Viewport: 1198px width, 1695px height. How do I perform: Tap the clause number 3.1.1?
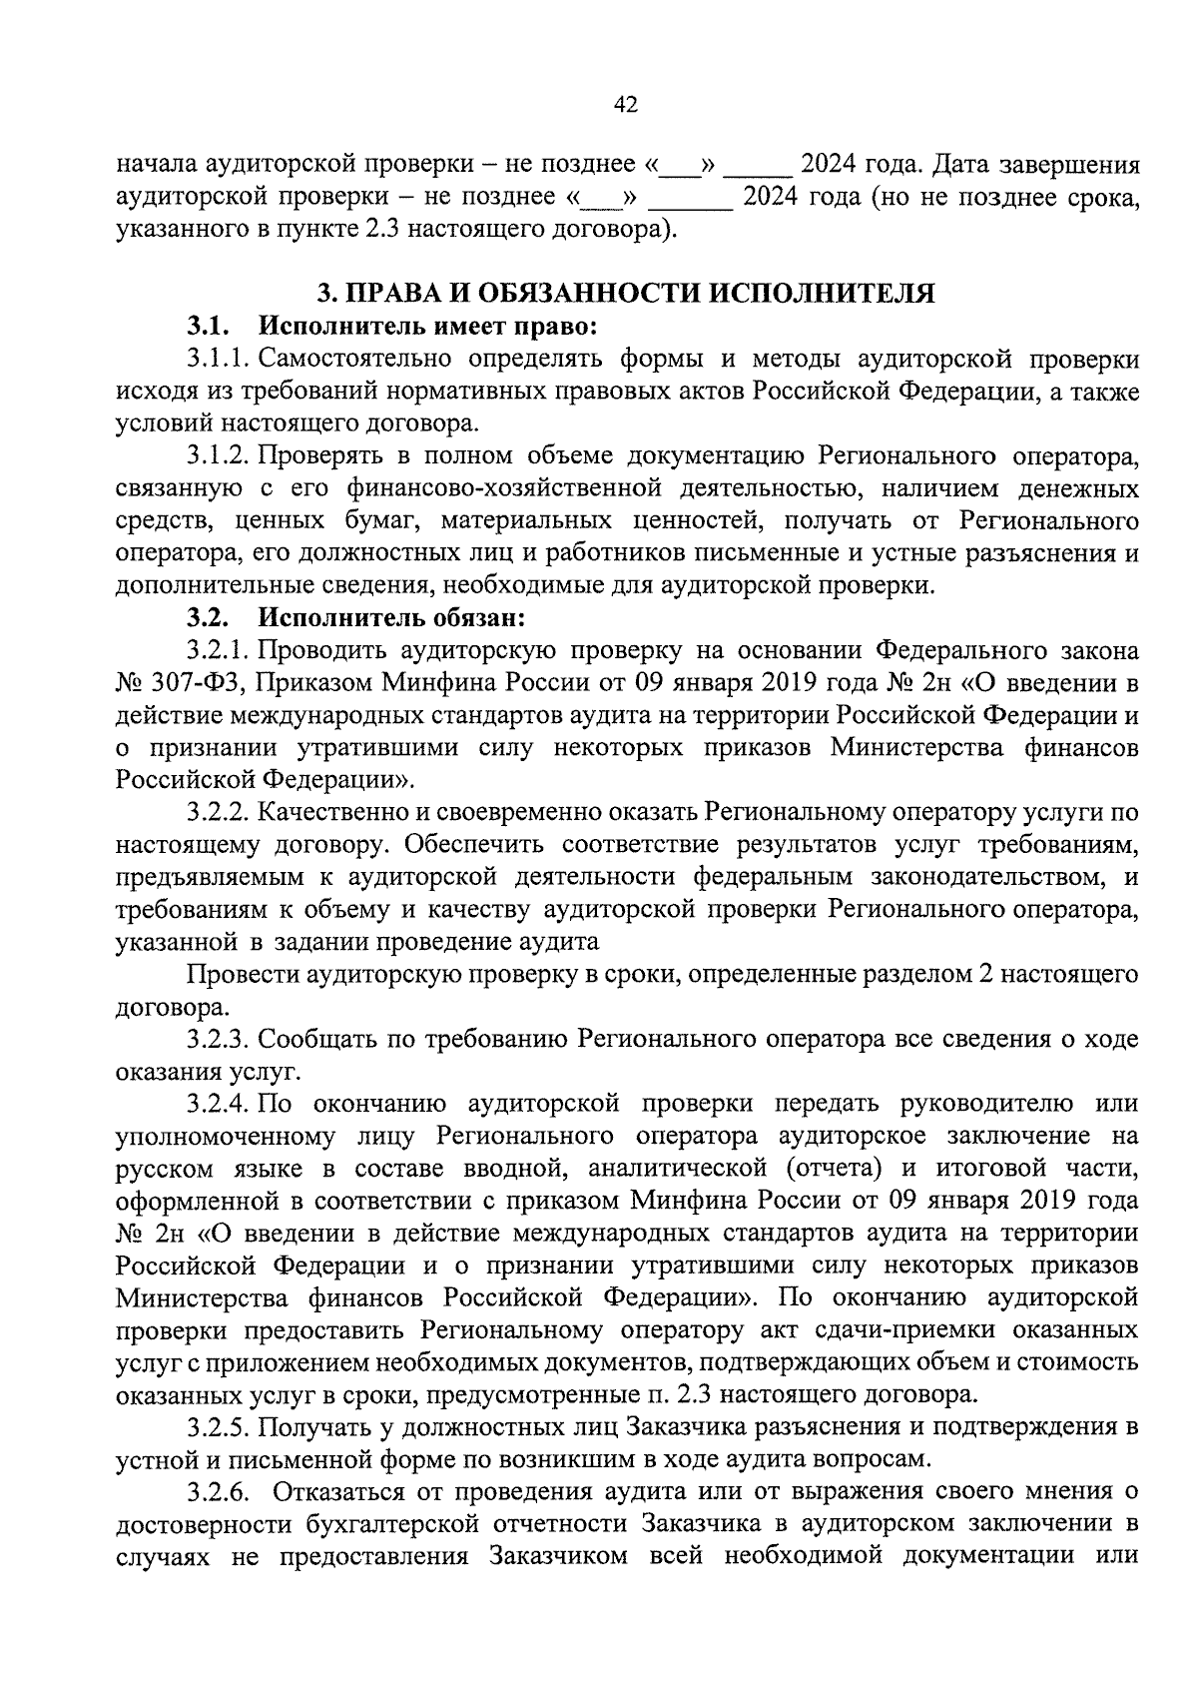[x=219, y=359]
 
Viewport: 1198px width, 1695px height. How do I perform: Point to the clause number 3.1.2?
[x=219, y=456]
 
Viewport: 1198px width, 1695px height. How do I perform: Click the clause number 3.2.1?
[x=219, y=651]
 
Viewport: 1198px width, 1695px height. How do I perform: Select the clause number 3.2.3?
[x=219, y=1040]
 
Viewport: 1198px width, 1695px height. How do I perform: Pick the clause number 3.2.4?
[x=219, y=1104]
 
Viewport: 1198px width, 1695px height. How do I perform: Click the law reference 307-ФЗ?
[x=208, y=684]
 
